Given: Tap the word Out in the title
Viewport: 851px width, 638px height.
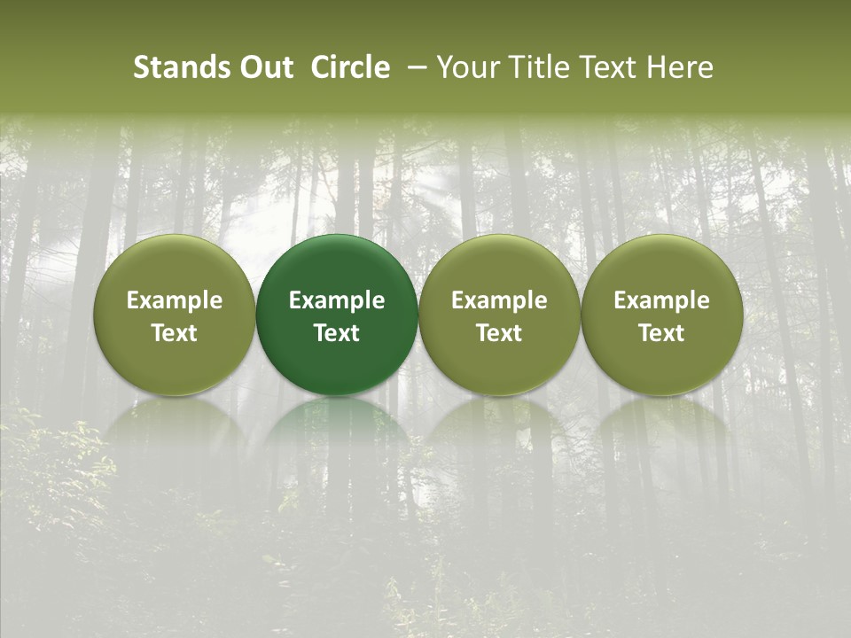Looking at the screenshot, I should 264,67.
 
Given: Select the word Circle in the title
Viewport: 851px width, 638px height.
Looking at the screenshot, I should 350,67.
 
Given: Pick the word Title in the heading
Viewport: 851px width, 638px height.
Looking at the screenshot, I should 529,67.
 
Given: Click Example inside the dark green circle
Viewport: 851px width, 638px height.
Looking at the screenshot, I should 337,300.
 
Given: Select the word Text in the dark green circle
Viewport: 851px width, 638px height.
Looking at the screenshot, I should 337,333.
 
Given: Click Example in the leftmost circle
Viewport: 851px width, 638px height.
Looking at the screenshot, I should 175,300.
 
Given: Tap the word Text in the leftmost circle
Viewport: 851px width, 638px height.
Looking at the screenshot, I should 175,333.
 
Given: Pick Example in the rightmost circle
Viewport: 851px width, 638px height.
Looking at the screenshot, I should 662,300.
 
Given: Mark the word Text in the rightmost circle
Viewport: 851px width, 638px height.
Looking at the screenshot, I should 662,333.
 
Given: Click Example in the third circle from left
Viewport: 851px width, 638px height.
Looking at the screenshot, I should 499,300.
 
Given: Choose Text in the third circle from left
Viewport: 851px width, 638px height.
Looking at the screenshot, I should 499,333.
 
